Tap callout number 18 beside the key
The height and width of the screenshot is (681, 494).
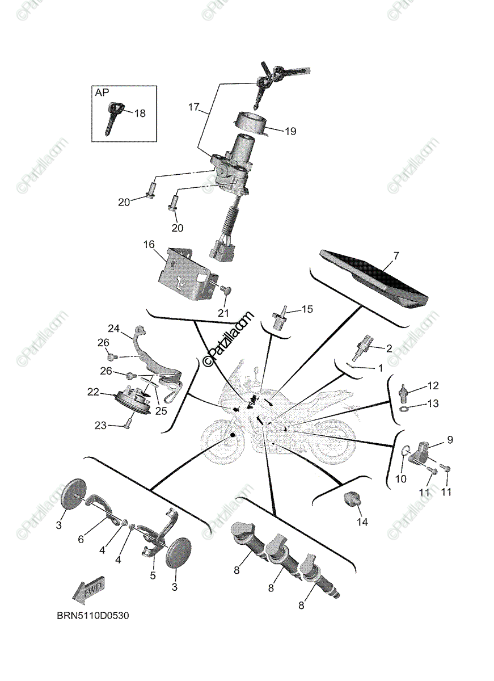139,113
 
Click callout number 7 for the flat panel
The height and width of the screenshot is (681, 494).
396,256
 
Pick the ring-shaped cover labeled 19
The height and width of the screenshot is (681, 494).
250,123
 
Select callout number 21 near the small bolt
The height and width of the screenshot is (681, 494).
223,312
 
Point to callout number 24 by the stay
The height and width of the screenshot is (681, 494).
114,328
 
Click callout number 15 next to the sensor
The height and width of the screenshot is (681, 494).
307,309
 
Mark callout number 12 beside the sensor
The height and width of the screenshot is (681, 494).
433,386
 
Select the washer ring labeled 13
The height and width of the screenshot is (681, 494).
403,409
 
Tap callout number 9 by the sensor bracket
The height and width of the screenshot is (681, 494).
449,439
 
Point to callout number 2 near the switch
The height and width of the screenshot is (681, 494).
389,347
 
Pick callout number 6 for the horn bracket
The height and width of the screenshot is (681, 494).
81,539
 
